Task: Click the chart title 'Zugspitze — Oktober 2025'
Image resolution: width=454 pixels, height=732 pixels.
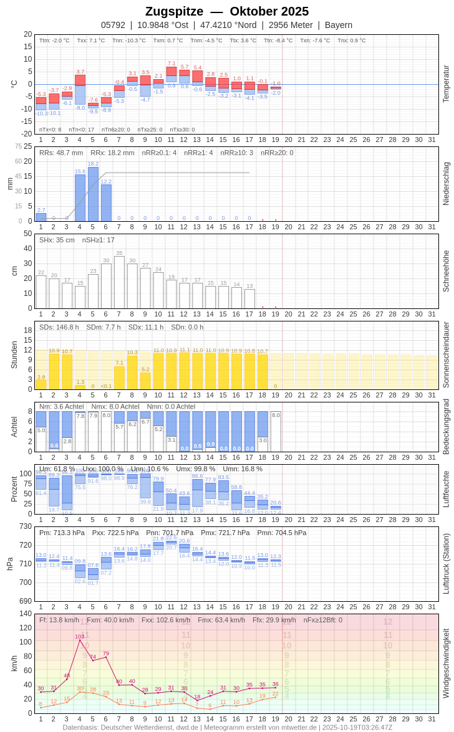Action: [x=227, y=11]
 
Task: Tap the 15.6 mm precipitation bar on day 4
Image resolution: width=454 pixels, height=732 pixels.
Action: [x=80, y=198]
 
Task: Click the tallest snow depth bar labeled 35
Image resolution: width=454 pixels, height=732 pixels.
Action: [x=119, y=282]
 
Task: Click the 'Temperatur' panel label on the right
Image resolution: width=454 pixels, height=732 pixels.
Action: [x=446, y=84]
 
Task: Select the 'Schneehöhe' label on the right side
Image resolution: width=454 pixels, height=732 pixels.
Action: [x=446, y=271]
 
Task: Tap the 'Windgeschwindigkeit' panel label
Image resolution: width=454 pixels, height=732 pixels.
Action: [x=446, y=663]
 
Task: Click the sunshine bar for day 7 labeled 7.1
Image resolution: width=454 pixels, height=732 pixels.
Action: [x=119, y=378]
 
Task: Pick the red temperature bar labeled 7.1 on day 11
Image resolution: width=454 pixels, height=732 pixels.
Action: [x=171, y=71]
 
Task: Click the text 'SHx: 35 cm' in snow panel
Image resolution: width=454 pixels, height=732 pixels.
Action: [x=57, y=240]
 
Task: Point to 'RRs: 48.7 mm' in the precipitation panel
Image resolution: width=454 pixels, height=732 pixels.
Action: [x=61, y=153]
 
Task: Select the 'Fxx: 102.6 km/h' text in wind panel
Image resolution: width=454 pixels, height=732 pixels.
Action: [x=166, y=620]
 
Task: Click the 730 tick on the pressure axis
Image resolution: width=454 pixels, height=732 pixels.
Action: [x=25, y=526]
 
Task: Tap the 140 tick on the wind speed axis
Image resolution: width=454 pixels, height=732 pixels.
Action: [x=25, y=614]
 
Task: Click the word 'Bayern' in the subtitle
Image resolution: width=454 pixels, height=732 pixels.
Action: [x=339, y=25]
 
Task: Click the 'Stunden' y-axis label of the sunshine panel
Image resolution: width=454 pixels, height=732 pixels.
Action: [x=14, y=354]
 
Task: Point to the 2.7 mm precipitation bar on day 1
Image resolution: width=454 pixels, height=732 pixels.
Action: [x=41, y=217]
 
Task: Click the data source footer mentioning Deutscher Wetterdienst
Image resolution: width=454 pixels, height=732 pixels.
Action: [x=227, y=727]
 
